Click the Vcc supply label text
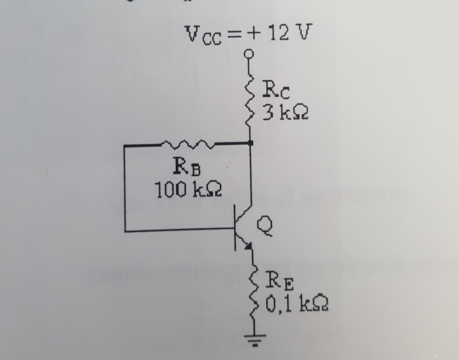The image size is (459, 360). point(202,35)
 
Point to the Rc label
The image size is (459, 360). point(277,92)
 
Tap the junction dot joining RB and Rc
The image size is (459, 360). point(251,143)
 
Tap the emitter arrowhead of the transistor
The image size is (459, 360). point(247,244)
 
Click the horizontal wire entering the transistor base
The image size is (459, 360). point(179,231)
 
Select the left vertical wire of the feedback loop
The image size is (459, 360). point(125,188)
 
